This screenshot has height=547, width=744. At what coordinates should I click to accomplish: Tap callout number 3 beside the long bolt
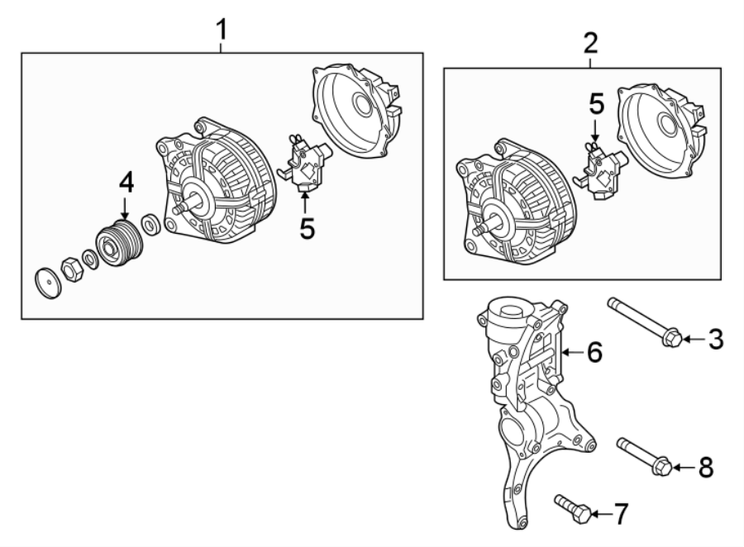click(716, 338)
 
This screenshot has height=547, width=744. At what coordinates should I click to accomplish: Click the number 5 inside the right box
click(596, 104)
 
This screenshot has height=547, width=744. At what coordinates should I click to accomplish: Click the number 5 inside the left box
click(307, 229)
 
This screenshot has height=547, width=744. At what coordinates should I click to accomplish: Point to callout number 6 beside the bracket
click(594, 353)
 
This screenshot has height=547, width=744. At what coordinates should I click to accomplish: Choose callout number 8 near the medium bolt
click(705, 468)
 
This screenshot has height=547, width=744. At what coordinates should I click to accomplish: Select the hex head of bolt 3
click(672, 338)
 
